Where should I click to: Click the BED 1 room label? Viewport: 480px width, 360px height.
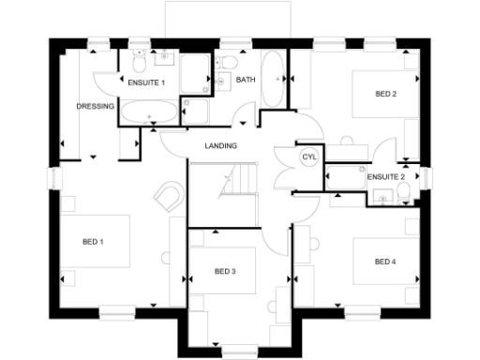pos(92,242)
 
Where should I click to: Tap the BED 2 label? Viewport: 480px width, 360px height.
pos(385,94)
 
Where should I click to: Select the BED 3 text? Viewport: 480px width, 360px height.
pos(224,272)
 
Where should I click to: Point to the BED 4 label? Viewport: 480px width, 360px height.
pos(384,261)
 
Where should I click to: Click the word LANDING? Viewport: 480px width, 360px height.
pos(221,145)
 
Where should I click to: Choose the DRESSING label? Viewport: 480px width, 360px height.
pos(95,106)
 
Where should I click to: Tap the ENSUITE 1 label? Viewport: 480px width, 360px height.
pos(147,82)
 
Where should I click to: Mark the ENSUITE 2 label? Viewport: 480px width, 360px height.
pos(385,176)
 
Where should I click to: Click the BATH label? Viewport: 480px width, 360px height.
pos(246,80)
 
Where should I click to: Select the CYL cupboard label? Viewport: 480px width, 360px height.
pos(308,157)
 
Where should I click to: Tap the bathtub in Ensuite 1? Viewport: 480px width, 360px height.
pos(147,114)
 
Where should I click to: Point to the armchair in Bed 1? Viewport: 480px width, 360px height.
pos(168,195)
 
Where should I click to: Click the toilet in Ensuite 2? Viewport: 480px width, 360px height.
pos(403,192)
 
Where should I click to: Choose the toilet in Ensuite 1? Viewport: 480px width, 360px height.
pos(139,62)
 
